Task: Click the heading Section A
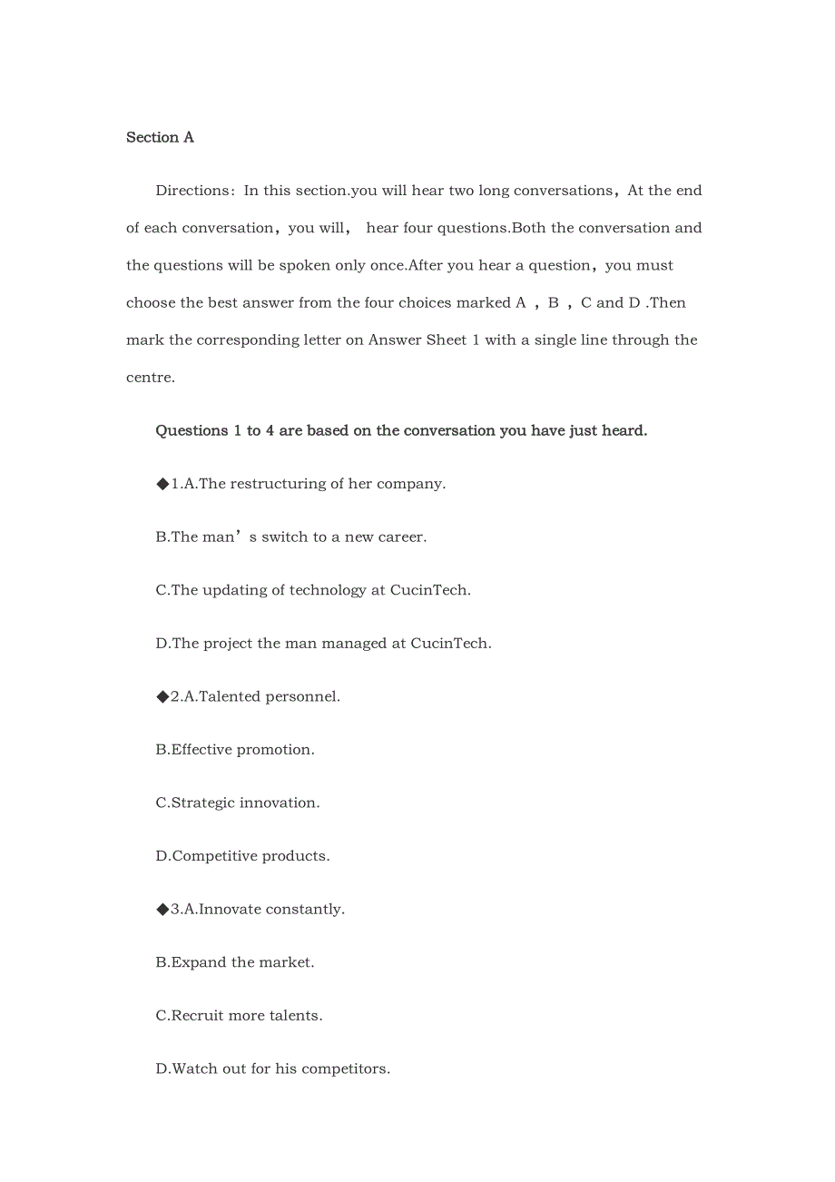pos(160,137)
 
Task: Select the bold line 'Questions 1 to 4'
pos(401,430)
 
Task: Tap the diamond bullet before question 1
pos(162,484)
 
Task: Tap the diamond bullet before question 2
pos(162,696)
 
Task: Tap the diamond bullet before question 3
pos(162,909)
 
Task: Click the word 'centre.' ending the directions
pos(151,378)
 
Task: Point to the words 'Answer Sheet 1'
pos(423,340)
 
